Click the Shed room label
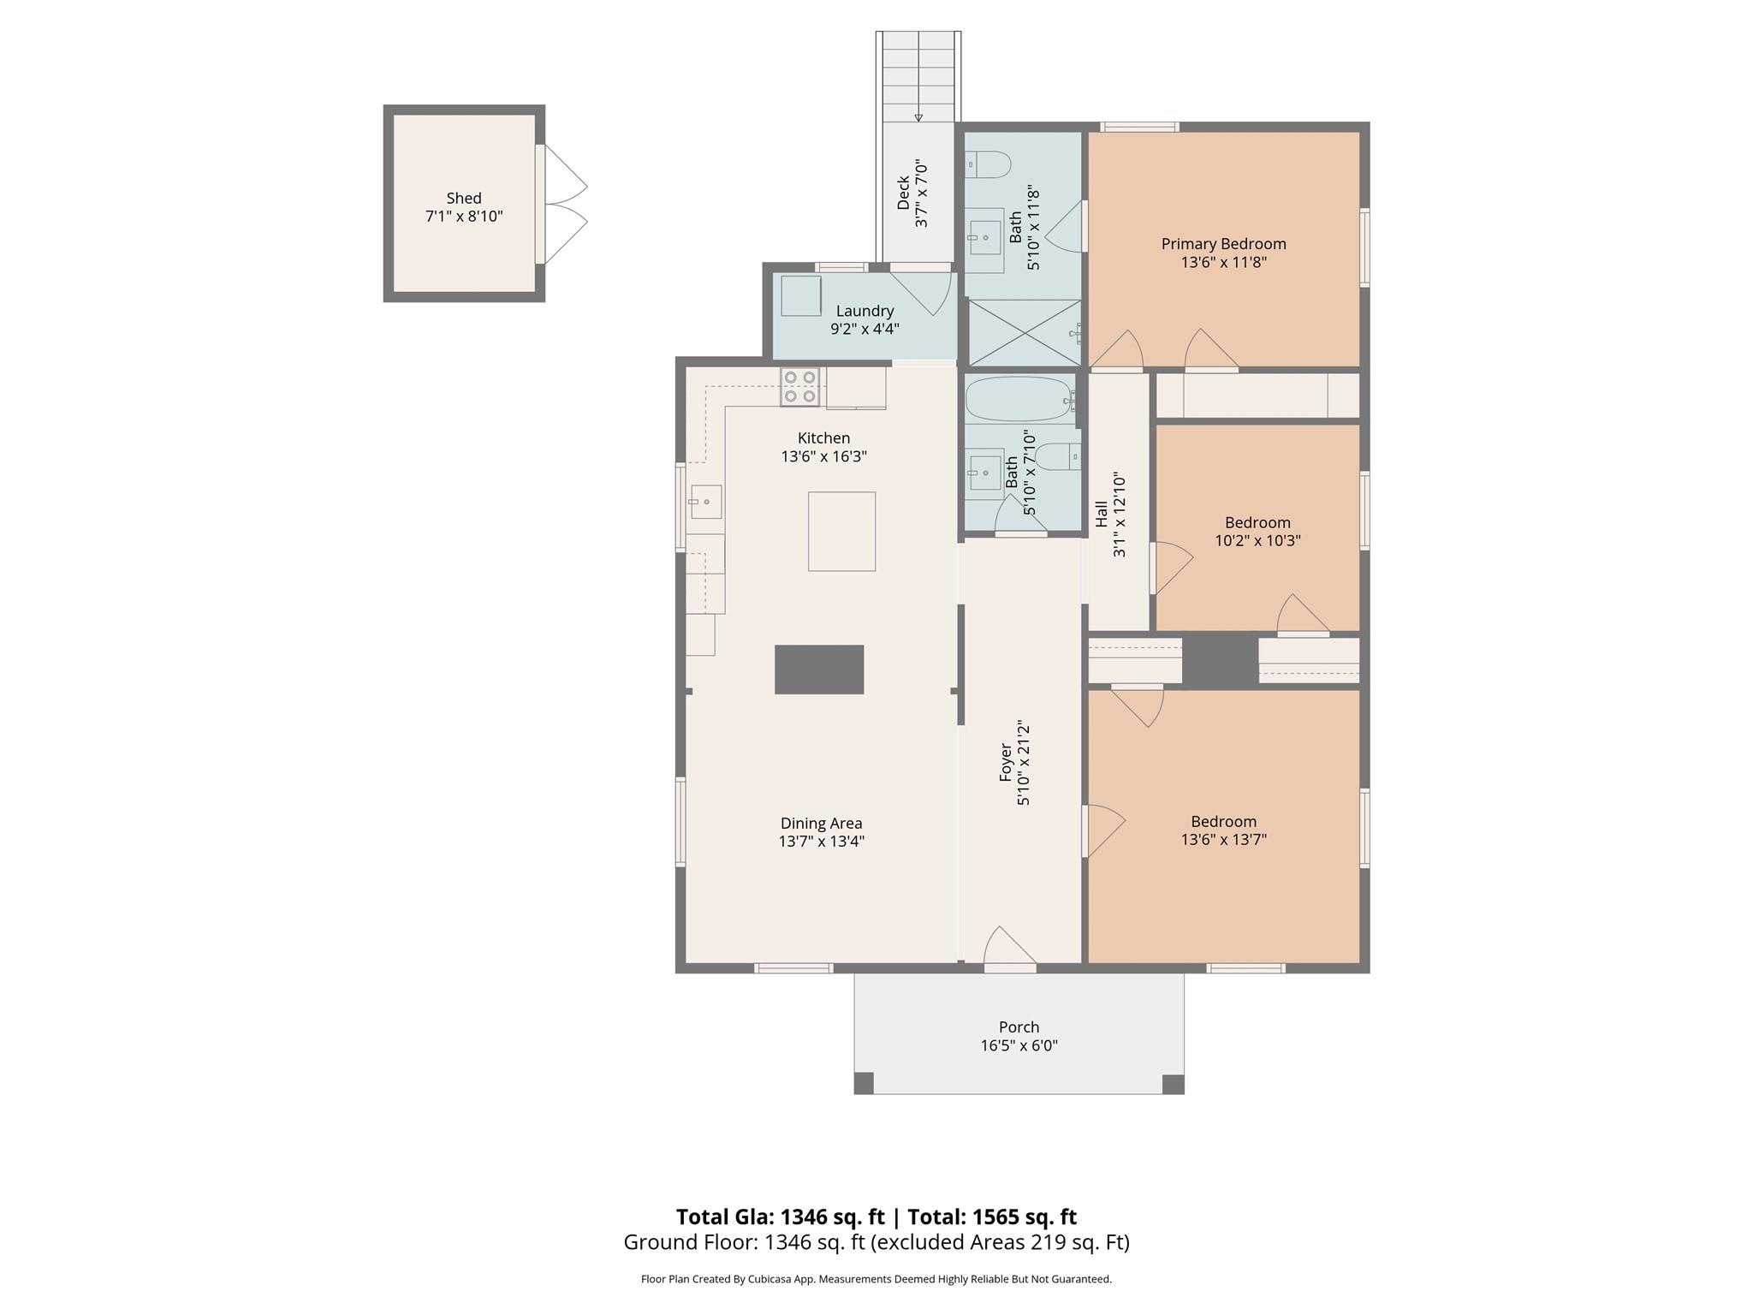[x=464, y=199]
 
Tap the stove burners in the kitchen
[x=799, y=386]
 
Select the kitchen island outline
[x=841, y=531]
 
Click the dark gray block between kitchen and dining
[x=819, y=669]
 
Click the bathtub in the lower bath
[x=1019, y=399]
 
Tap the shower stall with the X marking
[x=1024, y=333]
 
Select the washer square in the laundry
[x=800, y=295]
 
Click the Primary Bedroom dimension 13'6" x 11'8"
[x=1223, y=263]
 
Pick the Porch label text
[x=1019, y=1026]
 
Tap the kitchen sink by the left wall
[x=705, y=502]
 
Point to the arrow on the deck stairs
[x=918, y=117]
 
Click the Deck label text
[x=904, y=193]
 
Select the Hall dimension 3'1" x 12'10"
[x=1120, y=514]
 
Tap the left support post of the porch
[x=864, y=1083]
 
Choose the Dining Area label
[x=821, y=824]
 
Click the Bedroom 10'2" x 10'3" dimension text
[x=1257, y=541]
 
